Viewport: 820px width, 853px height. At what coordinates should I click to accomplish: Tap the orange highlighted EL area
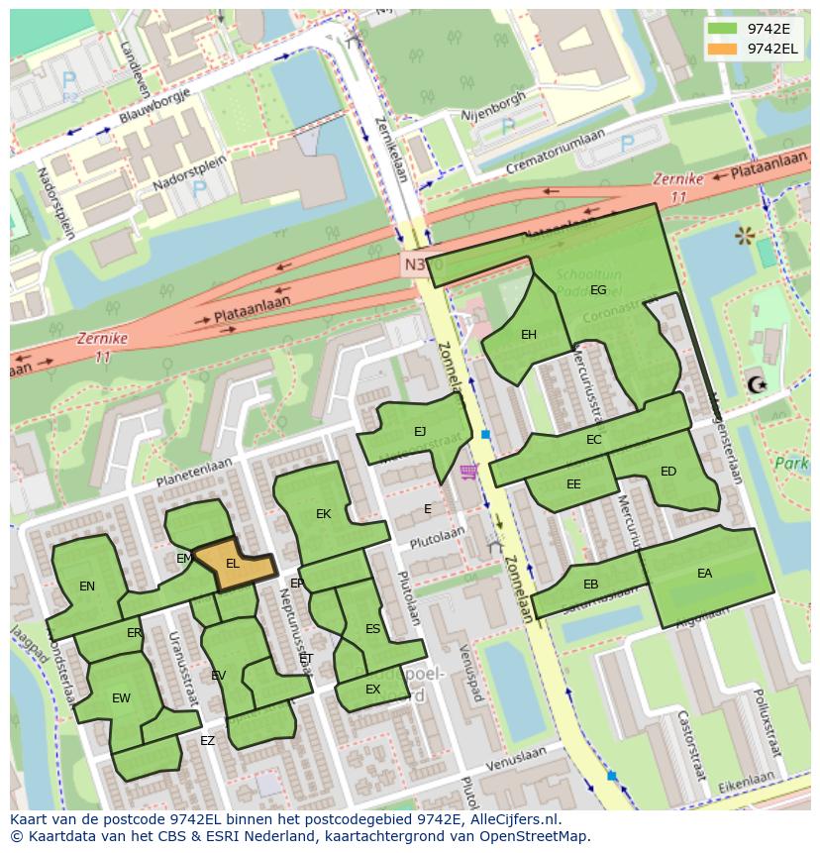coord(234,564)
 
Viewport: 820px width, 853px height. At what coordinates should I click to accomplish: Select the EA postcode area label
coord(704,573)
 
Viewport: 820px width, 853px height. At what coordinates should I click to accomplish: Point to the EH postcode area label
coord(529,335)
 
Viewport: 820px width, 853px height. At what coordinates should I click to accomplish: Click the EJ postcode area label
coord(420,431)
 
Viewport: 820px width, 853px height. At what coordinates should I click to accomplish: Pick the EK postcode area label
coord(323,514)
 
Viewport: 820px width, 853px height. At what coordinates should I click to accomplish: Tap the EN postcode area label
coord(87,586)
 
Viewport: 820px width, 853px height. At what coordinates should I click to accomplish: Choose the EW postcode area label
coord(121,698)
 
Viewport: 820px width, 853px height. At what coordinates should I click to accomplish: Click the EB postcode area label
coord(590,585)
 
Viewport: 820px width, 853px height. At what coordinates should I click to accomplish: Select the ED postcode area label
coord(668,472)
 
